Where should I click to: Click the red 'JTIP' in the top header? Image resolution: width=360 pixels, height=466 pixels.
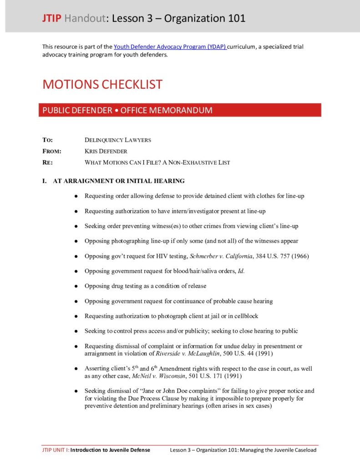point(50,19)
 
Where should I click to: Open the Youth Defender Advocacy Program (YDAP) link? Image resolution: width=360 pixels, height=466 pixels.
point(170,47)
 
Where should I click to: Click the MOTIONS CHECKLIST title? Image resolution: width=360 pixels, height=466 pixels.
point(102,84)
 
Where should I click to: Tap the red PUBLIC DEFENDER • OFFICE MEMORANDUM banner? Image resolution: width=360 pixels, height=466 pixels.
point(180,110)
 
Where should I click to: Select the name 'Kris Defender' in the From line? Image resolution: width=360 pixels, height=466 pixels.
point(106,151)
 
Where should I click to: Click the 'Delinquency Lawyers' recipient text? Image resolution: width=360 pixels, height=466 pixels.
point(118,140)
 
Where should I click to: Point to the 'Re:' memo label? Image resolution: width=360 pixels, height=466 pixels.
point(47,162)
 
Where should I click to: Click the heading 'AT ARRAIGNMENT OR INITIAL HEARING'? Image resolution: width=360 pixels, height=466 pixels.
point(119,181)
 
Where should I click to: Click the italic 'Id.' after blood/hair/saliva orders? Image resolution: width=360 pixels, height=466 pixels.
point(241,271)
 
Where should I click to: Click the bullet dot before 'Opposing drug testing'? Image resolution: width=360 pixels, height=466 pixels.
point(76,286)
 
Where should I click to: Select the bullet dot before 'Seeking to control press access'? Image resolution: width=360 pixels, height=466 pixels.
point(76,331)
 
